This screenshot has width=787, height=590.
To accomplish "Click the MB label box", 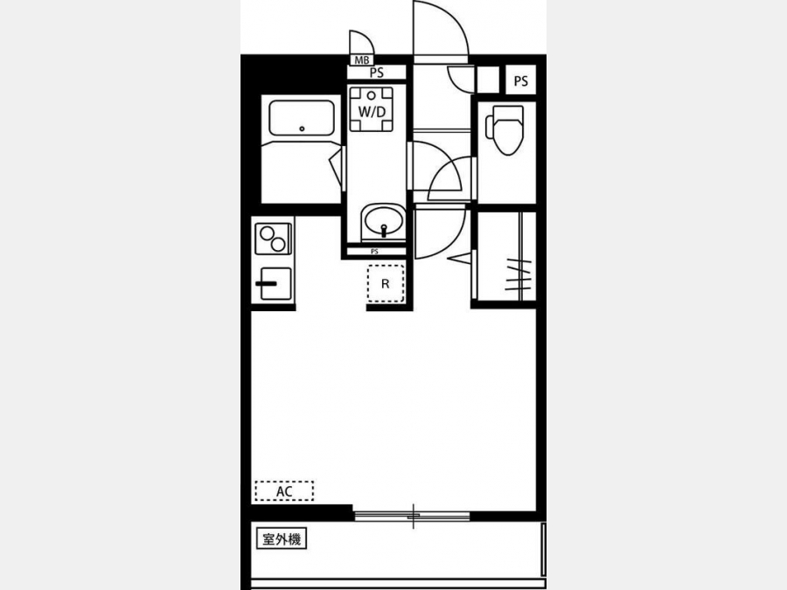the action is (x=361, y=60).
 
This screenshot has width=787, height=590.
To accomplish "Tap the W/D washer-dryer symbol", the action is (x=372, y=109).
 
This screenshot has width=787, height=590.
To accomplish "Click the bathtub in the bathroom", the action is (x=302, y=117).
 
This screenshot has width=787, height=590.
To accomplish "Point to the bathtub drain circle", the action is (x=302, y=129).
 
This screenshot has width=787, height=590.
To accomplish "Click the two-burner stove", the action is (x=273, y=239).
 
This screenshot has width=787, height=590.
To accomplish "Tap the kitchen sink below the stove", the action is (x=274, y=284).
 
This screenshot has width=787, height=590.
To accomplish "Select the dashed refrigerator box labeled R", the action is (x=386, y=283).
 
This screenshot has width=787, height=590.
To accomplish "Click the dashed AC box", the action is (x=284, y=490).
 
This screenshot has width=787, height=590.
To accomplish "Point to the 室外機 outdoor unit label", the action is (x=282, y=539).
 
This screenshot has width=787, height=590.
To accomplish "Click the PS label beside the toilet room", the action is (x=521, y=80).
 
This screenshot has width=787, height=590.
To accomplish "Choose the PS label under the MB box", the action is (x=376, y=73).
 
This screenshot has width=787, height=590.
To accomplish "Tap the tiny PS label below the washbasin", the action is (x=374, y=252).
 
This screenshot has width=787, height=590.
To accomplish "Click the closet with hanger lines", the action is (x=506, y=256).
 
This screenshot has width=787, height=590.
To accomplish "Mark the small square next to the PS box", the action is (x=487, y=80).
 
